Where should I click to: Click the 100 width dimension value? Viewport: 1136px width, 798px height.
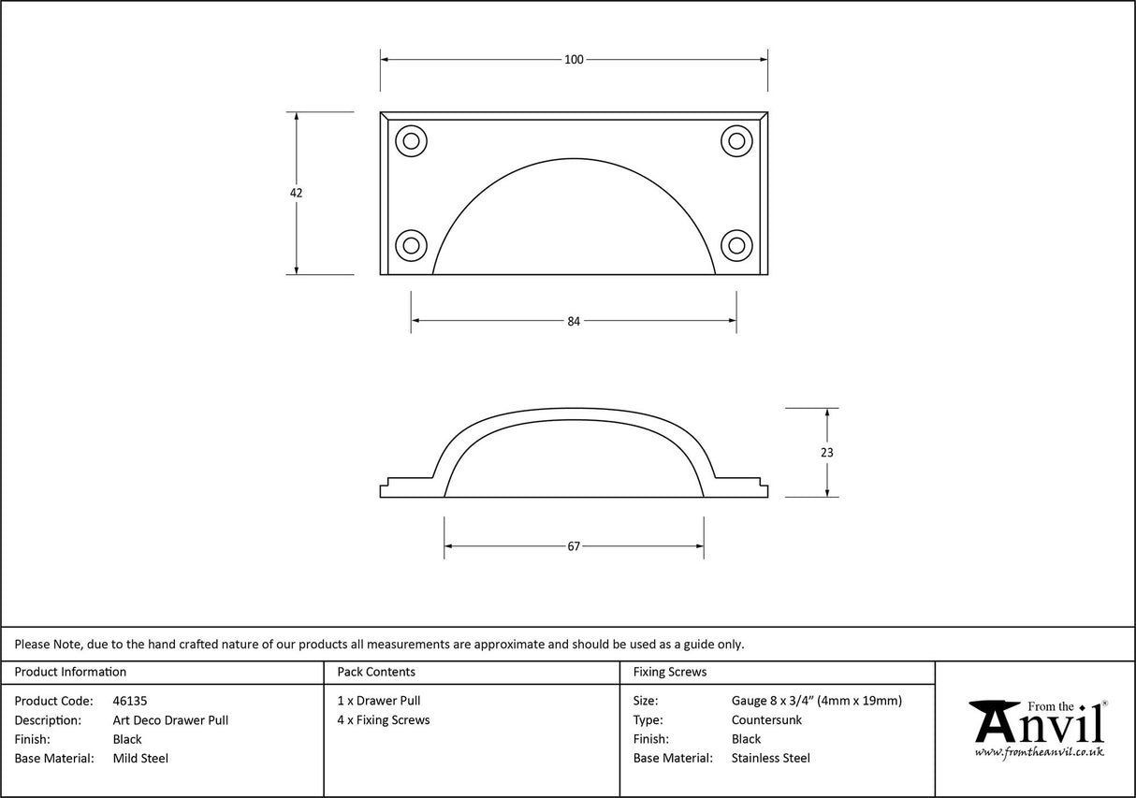pyautogui.click(x=574, y=60)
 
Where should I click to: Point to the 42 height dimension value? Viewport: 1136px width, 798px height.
pyautogui.click(x=297, y=193)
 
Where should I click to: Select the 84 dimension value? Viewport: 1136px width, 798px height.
pyautogui.click(x=574, y=321)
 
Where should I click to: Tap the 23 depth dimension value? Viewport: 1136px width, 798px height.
pyautogui.click(x=826, y=452)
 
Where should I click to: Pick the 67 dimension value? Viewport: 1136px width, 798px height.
pyautogui.click(x=574, y=546)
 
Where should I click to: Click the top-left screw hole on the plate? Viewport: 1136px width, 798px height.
pyautogui.click(x=411, y=141)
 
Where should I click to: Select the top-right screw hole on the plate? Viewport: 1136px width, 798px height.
pyautogui.click(x=736, y=141)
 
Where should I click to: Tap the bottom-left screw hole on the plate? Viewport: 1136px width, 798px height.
pyautogui.click(x=411, y=246)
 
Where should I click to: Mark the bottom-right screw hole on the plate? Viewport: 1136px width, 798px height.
pyautogui.click(x=736, y=246)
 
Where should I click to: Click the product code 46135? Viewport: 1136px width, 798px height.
pyautogui.click(x=129, y=701)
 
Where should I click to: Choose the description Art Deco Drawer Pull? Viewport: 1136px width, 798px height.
pyautogui.click(x=170, y=720)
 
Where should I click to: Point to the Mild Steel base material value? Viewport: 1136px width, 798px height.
pyautogui.click(x=140, y=759)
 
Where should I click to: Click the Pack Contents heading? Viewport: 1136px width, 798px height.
pyautogui.click(x=376, y=672)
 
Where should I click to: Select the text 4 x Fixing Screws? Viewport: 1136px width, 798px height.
pyautogui.click(x=384, y=720)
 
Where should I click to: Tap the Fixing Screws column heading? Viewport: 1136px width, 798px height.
pyautogui.click(x=670, y=672)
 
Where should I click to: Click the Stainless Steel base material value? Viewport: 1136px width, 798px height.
pyautogui.click(x=771, y=759)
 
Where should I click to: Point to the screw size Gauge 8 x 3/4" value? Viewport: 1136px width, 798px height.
pyautogui.click(x=817, y=701)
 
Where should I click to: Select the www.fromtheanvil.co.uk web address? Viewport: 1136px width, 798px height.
pyautogui.click(x=1039, y=752)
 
